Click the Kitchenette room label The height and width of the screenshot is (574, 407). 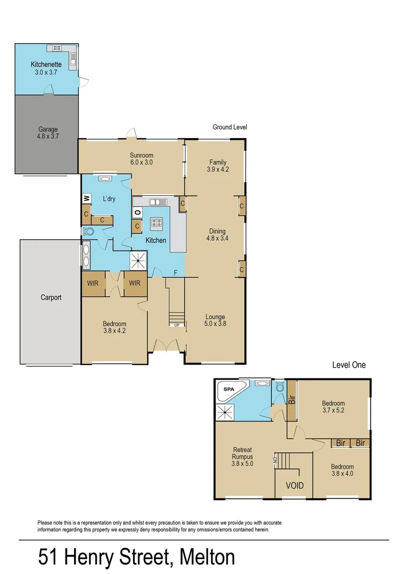click(46, 67)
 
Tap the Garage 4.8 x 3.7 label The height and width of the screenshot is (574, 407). click(48, 132)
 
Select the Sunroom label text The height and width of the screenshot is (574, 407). click(142, 159)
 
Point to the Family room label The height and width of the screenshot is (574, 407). click(217, 166)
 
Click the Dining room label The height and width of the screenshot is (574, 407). click(217, 235)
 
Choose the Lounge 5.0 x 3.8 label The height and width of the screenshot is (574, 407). click(215, 320)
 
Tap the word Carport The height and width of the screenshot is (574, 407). click(51, 298)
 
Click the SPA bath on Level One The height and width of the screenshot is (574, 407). click(229, 390)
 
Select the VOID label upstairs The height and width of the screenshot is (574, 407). click(294, 485)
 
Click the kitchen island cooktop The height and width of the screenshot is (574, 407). click(157, 223)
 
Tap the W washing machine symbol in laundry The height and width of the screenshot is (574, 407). click(86, 199)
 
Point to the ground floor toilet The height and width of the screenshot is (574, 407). click(89, 232)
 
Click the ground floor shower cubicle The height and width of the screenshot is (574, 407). click(140, 260)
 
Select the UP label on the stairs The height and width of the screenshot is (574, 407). click(176, 325)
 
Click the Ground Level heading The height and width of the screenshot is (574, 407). click(230, 127)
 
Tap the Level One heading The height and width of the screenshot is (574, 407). click(348, 365)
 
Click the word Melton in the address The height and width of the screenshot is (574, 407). click(207, 558)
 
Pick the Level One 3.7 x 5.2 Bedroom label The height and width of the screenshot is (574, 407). click(333, 407)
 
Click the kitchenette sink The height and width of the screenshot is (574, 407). click(73, 56)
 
